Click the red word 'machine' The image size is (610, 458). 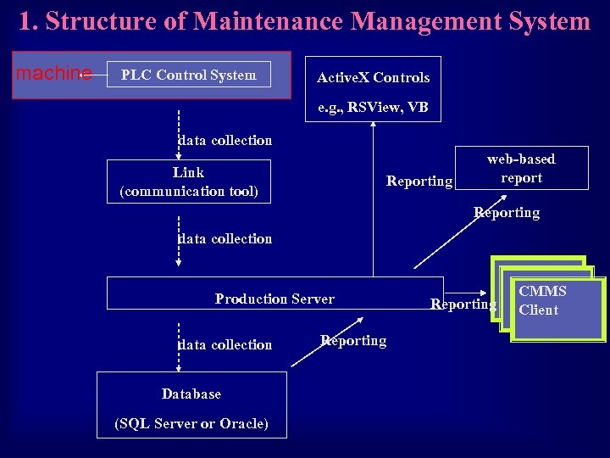[54, 74]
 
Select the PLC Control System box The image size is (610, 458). [188, 75]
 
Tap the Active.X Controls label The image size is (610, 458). [373, 77]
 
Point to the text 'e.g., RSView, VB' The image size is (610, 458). [373, 108]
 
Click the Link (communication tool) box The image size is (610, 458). [188, 182]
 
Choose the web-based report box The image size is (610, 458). [521, 168]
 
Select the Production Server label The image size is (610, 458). [274, 299]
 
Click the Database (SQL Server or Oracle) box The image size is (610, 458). [191, 408]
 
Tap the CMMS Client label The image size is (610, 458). [542, 300]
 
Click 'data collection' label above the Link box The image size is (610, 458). [225, 140]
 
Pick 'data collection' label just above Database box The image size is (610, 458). [225, 344]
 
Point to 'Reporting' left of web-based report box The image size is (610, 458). [419, 181]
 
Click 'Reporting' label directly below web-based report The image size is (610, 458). [506, 212]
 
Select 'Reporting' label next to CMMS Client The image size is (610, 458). [463, 304]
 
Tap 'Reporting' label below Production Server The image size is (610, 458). [353, 340]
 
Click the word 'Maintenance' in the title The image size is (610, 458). [269, 21]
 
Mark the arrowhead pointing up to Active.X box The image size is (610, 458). [373, 127]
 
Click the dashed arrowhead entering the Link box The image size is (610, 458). [179, 155]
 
